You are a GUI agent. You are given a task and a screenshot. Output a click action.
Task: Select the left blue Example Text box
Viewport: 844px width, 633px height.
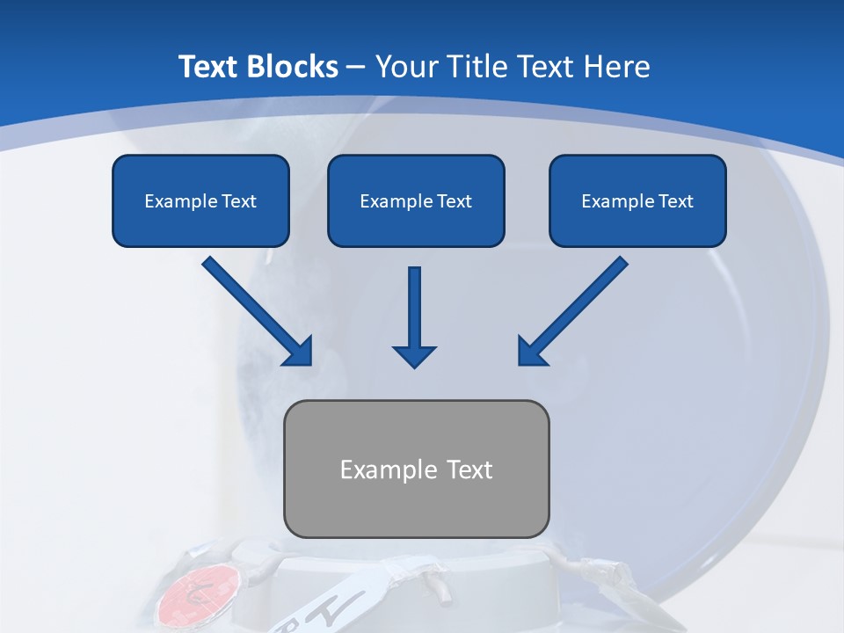pos(200,201)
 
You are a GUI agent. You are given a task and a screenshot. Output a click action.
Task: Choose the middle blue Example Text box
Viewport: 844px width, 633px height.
pos(416,201)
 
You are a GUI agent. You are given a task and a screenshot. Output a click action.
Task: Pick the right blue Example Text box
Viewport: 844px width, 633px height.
pos(637,201)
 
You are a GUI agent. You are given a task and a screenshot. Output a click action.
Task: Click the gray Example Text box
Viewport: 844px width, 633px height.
pos(416,469)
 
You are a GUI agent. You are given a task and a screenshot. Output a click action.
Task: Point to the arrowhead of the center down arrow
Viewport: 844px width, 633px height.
pos(414,355)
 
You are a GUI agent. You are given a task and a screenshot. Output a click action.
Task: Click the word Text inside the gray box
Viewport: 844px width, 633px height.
pos(469,469)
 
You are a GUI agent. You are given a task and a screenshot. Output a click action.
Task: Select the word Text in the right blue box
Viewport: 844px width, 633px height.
pos(675,201)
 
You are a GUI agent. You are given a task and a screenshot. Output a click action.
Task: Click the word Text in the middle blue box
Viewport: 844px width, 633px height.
pos(455,201)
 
